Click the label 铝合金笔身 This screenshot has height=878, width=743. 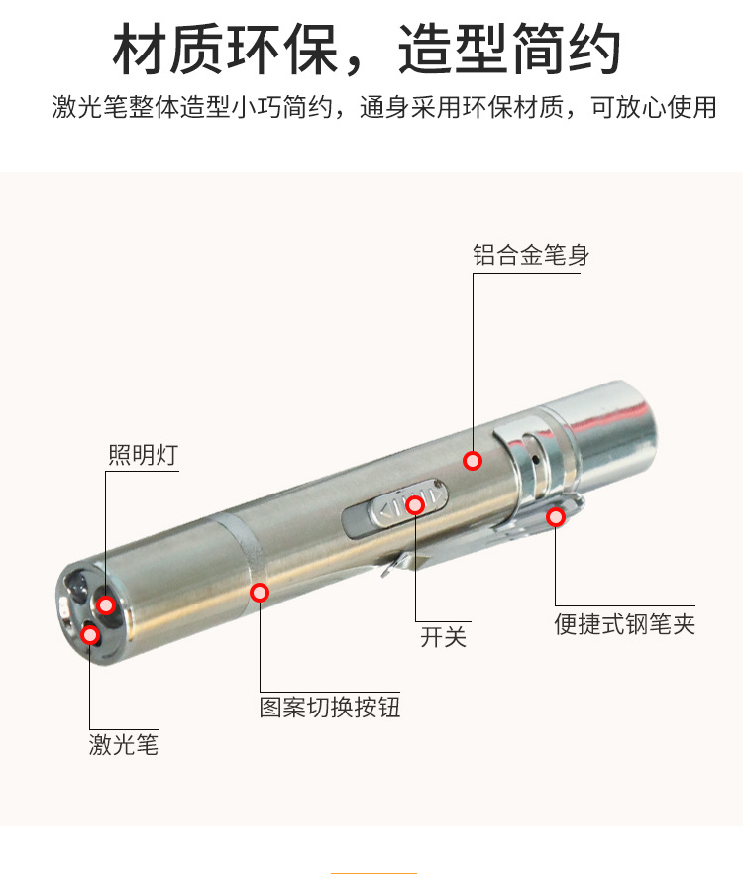pos(531,255)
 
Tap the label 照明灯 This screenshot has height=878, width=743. pos(143,455)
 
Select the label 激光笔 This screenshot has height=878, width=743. pos(124,744)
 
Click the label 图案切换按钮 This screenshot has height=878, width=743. pos(330,708)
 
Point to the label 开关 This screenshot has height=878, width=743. pos(443,636)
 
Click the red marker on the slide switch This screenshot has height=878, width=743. pos(415,505)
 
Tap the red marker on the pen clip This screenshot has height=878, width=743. pos(556,516)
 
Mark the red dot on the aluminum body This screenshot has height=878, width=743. pos(473,460)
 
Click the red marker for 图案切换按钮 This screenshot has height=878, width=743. pos(260,593)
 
